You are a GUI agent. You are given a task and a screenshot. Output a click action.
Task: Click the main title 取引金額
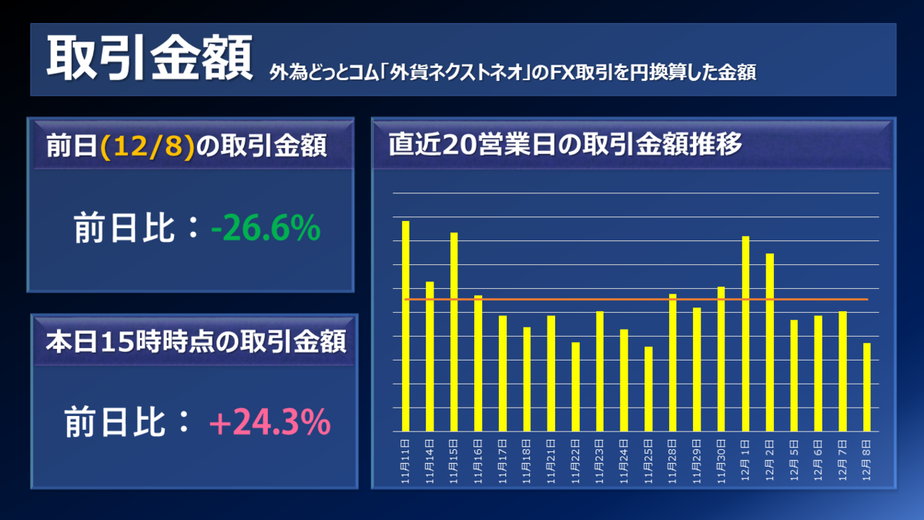click(149, 59)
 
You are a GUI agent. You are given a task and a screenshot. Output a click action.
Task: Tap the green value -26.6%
click(265, 229)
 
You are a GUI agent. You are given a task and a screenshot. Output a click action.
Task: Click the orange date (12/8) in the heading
click(147, 146)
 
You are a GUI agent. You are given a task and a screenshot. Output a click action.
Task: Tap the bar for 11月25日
click(648, 389)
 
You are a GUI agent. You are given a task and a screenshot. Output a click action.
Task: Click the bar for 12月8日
click(867, 387)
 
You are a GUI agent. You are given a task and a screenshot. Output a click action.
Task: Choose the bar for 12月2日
click(769, 342)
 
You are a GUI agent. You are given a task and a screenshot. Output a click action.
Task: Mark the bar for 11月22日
click(575, 387)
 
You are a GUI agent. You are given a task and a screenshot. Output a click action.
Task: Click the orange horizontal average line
click(539, 299)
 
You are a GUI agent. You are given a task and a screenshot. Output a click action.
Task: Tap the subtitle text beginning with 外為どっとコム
click(512, 73)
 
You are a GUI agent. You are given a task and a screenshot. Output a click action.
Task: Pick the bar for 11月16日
click(478, 363)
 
